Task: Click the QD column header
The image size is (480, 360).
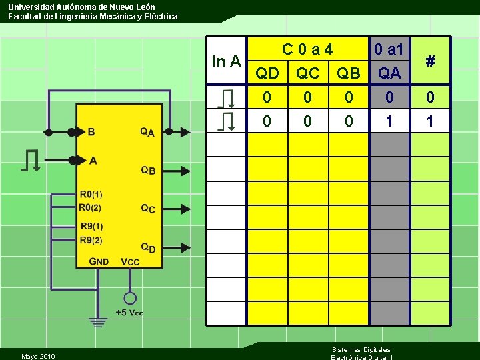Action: click(267, 73)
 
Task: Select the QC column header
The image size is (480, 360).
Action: click(308, 73)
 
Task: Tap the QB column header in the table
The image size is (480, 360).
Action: click(348, 73)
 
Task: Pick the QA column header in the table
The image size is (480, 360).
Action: click(389, 73)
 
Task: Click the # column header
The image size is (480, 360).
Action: click(431, 61)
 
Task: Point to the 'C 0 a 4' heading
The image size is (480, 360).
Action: click(307, 49)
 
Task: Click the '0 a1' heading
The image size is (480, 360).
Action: click(389, 49)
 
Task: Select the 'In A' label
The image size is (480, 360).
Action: click(226, 62)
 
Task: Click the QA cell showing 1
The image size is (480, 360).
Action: click(389, 121)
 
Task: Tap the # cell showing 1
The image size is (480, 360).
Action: click(430, 121)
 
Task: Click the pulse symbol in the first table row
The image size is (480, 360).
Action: click(227, 98)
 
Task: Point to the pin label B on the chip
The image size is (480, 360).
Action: click(91, 132)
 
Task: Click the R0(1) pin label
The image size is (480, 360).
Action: click(91, 195)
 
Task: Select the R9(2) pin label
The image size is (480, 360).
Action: click(91, 240)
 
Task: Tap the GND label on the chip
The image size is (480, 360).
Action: click(99, 261)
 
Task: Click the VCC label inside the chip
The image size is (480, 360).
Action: click(130, 261)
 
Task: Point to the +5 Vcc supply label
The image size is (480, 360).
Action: click(129, 313)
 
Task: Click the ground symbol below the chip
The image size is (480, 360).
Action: click(99, 322)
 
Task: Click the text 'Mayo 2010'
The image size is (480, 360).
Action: click(38, 356)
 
